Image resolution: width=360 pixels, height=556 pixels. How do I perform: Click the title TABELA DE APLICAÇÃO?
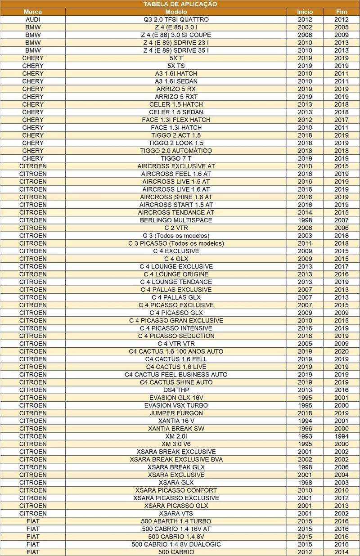[180, 4]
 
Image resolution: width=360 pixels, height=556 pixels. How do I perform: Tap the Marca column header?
[33, 12]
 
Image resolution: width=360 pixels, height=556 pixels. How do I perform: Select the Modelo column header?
[176, 12]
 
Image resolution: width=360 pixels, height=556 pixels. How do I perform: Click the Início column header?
[305, 12]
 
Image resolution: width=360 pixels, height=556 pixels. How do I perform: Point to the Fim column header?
[342, 12]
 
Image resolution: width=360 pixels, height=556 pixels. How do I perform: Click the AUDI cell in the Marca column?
[33, 20]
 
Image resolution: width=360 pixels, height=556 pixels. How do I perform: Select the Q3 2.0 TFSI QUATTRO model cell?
[176, 20]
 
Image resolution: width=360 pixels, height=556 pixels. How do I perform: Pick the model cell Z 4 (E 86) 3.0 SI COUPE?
[176, 35]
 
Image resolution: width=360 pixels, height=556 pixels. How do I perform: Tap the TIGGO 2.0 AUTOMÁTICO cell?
[176, 151]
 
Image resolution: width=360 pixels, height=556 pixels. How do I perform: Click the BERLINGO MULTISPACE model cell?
[176, 220]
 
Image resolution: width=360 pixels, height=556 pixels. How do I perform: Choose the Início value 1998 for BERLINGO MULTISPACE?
[305, 220]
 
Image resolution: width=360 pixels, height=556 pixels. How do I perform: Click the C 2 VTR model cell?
[176, 228]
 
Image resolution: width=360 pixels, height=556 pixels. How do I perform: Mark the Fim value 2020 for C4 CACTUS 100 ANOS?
[342, 351]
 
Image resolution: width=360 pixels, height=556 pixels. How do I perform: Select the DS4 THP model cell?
[176, 390]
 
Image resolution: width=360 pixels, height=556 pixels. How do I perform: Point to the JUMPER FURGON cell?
[176, 413]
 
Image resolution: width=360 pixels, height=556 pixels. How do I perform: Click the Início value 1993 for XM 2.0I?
[305, 436]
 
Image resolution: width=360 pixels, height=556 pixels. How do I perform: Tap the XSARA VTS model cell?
[176, 513]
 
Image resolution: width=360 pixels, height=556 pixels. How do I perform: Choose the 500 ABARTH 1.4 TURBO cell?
[176, 521]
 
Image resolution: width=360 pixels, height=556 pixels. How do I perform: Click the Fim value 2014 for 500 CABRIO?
[342, 552]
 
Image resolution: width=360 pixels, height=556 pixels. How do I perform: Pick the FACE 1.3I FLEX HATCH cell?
[176, 120]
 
